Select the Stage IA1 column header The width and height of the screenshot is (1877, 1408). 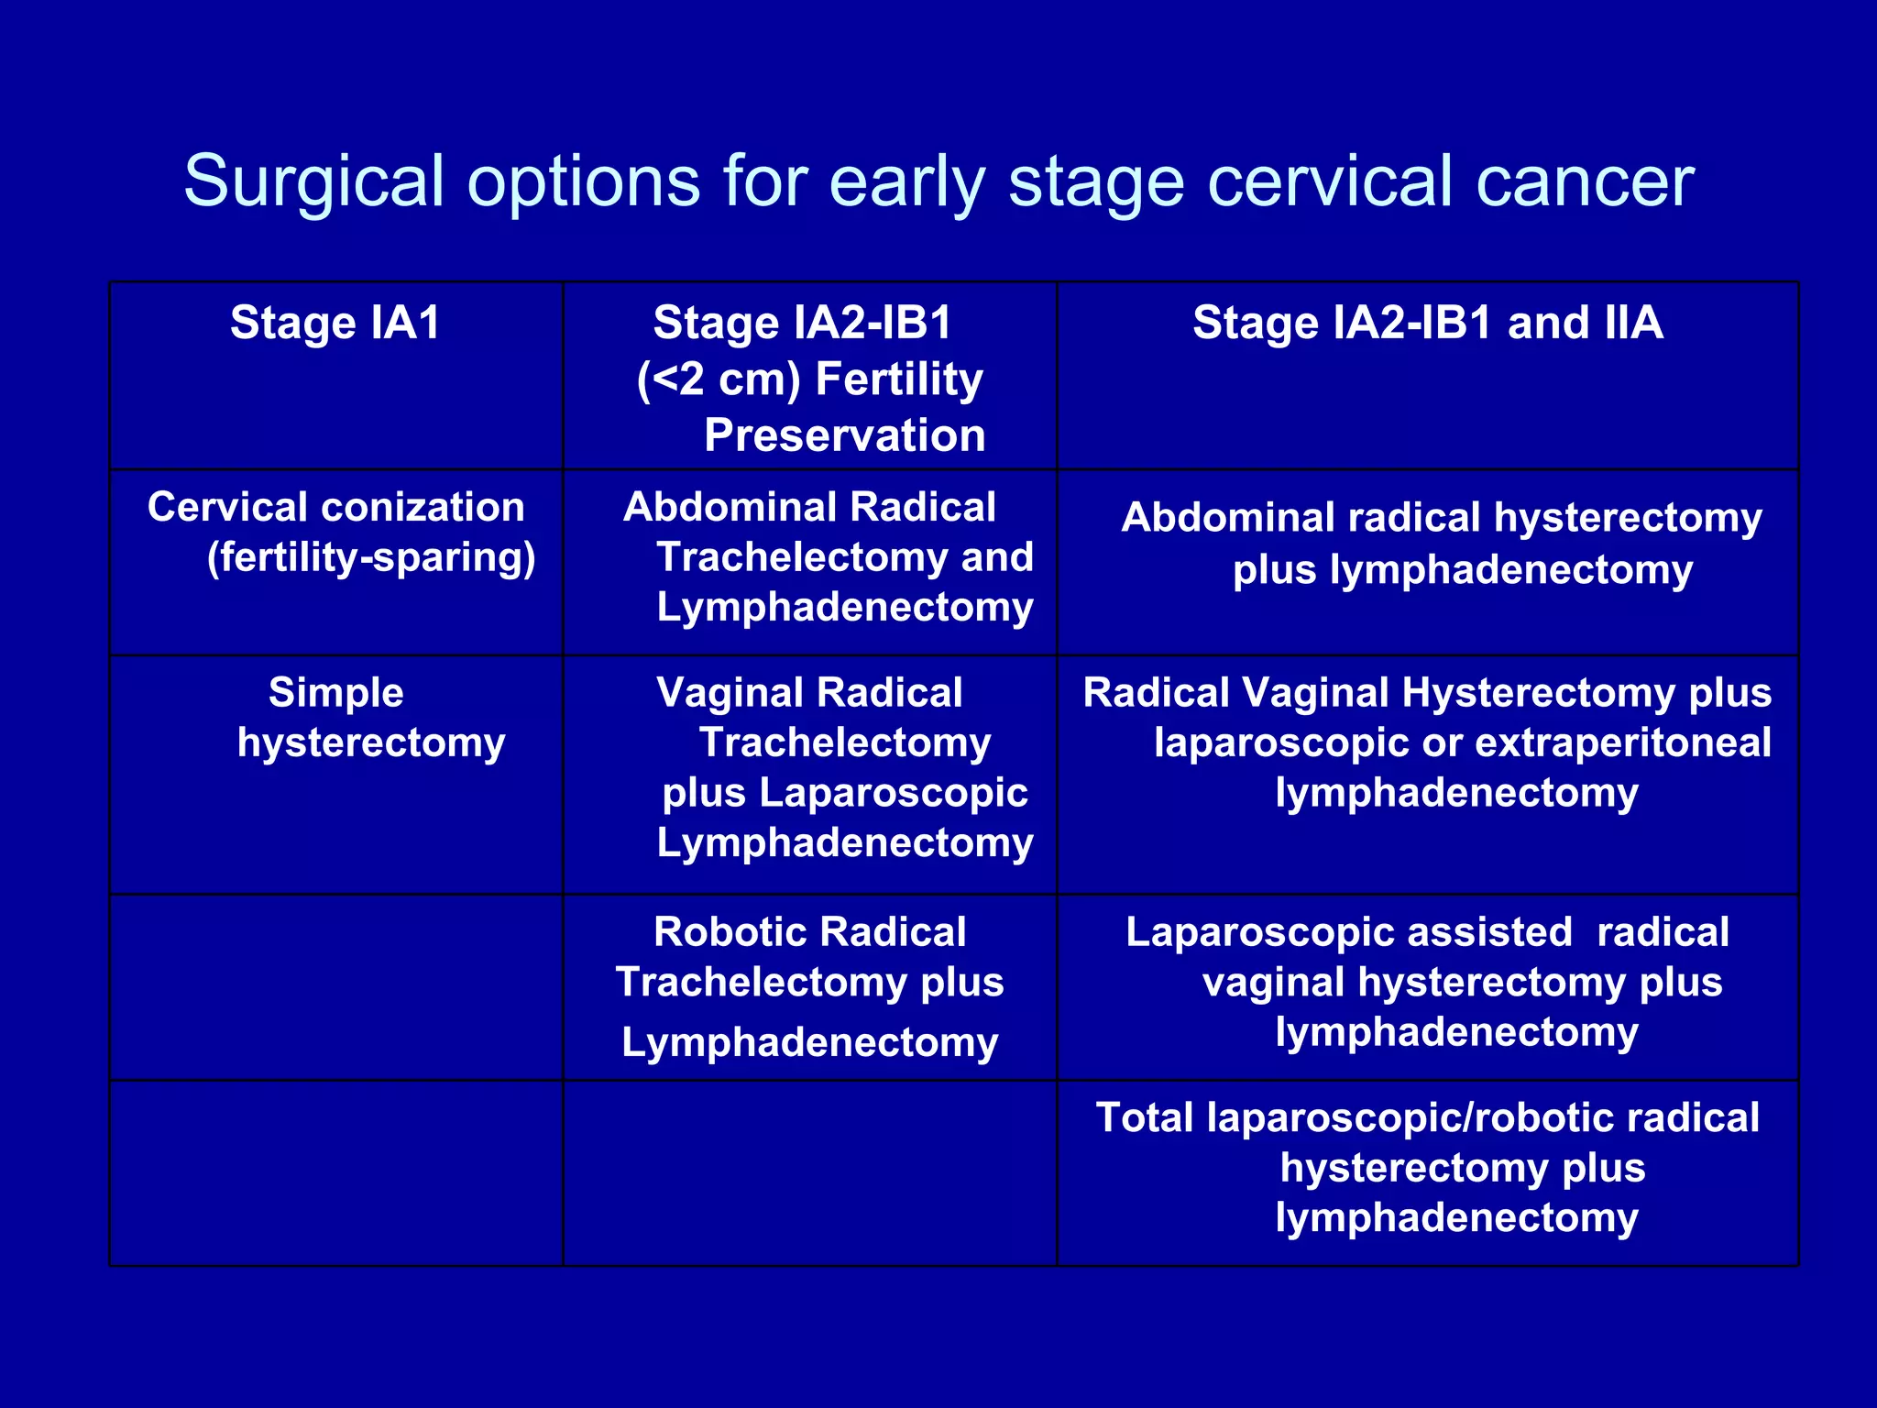(335, 323)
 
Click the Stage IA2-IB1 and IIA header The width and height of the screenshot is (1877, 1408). (1427, 323)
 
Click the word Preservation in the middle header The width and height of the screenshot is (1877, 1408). (844, 435)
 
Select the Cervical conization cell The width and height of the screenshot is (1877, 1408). (335, 507)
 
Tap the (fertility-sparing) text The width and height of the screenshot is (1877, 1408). (371, 557)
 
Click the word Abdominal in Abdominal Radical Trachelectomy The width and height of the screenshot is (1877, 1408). (729, 507)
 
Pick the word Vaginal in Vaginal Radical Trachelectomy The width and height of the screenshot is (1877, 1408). (730, 693)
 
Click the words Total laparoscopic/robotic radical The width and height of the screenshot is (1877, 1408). (1427, 1118)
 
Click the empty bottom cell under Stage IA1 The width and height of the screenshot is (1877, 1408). (335, 1173)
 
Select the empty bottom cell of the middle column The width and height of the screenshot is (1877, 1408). (809, 1173)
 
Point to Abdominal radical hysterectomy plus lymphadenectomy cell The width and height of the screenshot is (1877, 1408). (1440, 544)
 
